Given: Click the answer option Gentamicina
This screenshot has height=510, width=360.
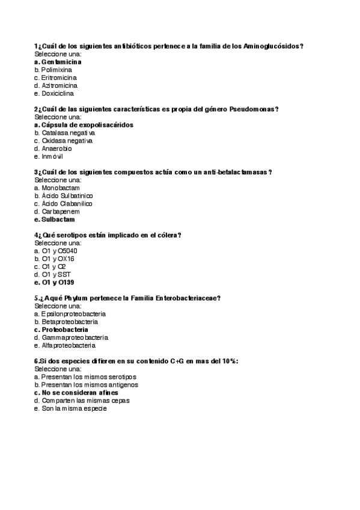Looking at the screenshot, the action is point(61,62).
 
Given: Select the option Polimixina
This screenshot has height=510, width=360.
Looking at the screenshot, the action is point(56,70).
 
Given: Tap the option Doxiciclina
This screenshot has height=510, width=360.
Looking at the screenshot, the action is point(58,93).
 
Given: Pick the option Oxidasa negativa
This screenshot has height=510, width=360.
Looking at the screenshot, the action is point(67,141).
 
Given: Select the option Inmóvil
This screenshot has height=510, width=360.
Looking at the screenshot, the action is point(52,156).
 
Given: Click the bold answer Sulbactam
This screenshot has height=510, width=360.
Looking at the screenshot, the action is point(58,220).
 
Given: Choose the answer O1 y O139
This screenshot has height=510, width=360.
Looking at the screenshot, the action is point(58,282).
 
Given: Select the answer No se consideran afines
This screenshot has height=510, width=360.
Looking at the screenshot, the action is point(79,393).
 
